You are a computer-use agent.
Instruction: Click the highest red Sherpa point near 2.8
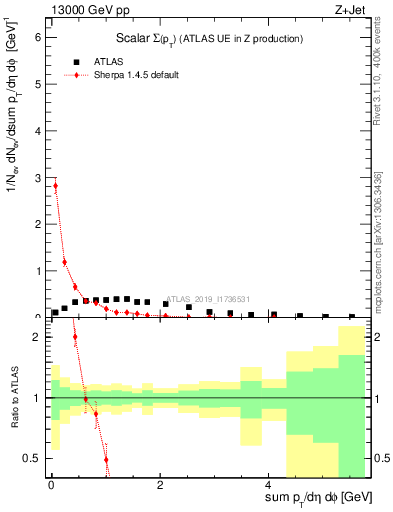point(56,185)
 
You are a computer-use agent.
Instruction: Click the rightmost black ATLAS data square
point(352,316)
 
